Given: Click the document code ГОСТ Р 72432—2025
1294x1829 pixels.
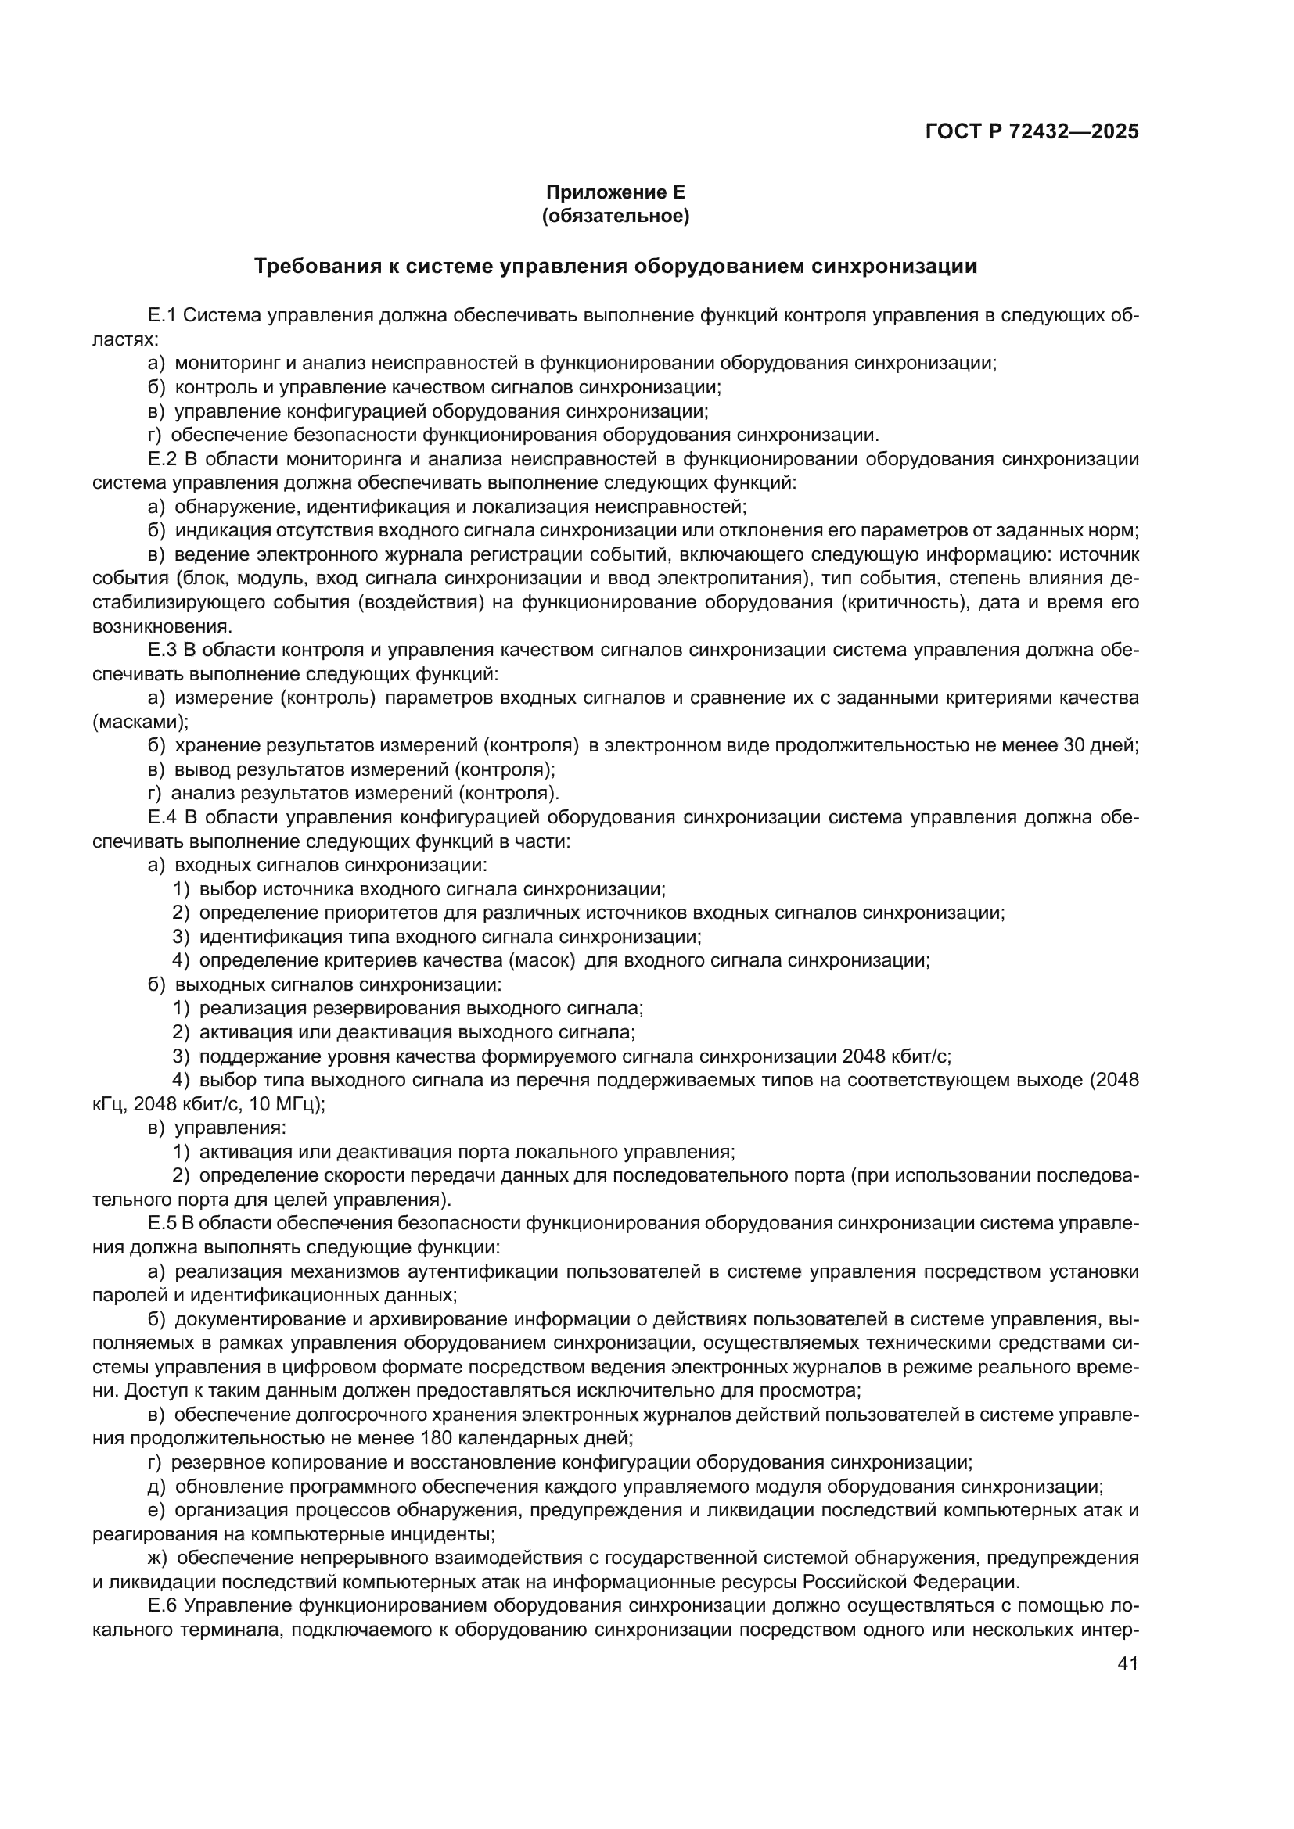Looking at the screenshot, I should point(1032,132).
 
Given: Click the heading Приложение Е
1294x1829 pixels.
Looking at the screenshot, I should point(615,192).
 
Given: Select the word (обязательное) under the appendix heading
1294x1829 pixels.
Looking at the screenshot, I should point(615,216).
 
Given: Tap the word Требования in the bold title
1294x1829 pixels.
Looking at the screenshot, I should point(317,266).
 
